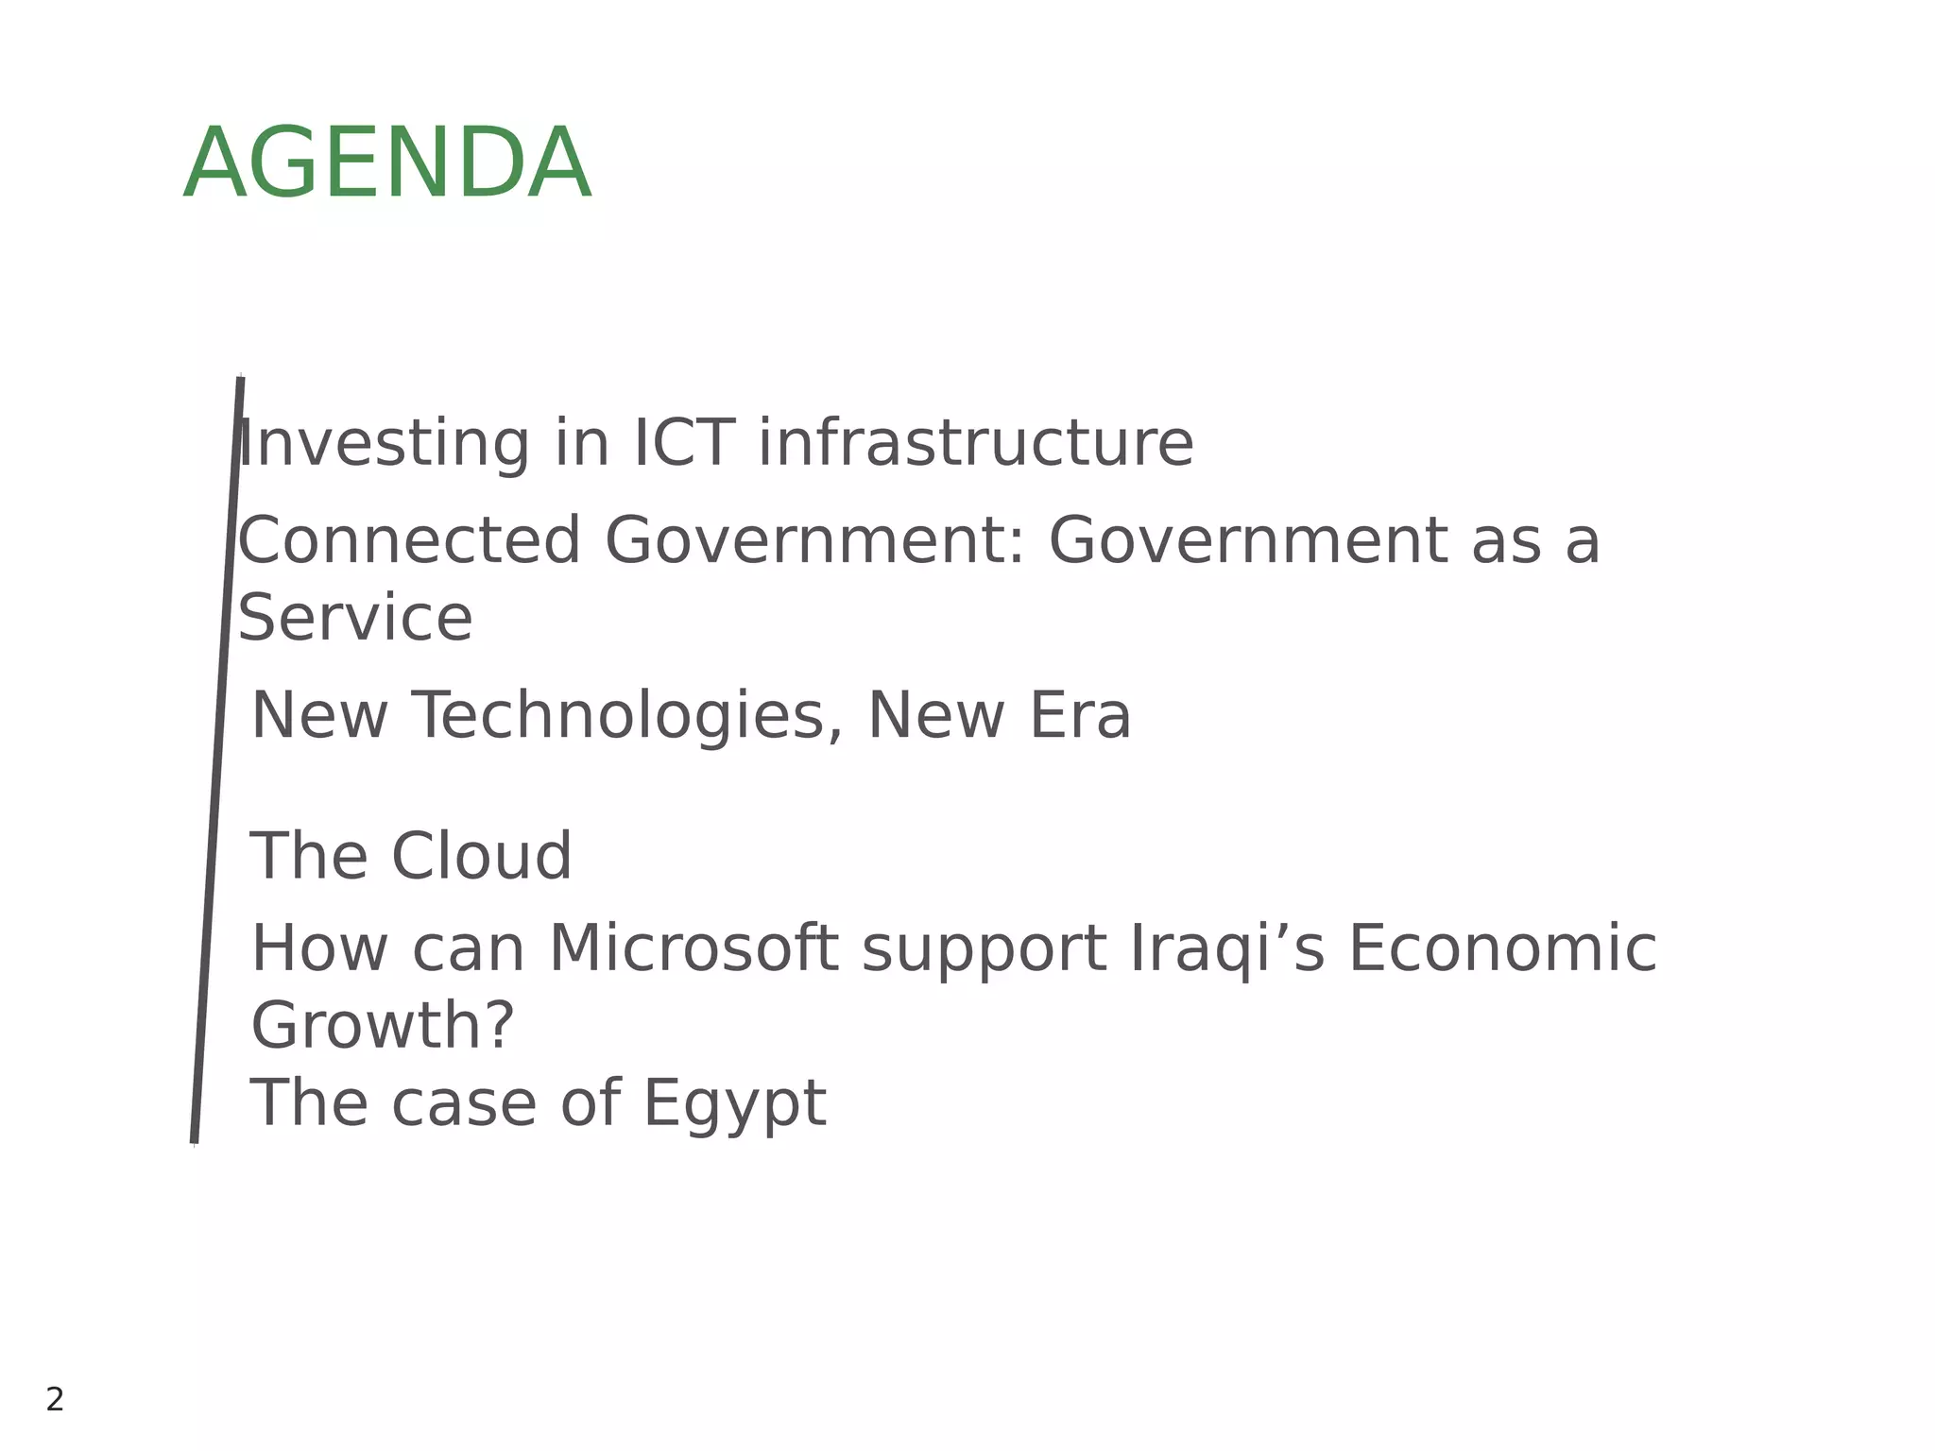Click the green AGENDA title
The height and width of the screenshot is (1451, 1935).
(x=386, y=164)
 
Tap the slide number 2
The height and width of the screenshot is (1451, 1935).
(x=55, y=1399)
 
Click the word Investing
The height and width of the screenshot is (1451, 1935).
(x=383, y=444)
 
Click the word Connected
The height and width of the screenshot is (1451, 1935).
(x=408, y=540)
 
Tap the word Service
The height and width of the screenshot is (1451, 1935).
(x=354, y=618)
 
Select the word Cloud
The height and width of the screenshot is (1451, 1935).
(x=481, y=856)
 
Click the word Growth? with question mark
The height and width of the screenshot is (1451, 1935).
(x=382, y=1026)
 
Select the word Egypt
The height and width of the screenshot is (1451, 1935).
(x=734, y=1104)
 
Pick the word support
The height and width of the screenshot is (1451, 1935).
(x=984, y=950)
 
